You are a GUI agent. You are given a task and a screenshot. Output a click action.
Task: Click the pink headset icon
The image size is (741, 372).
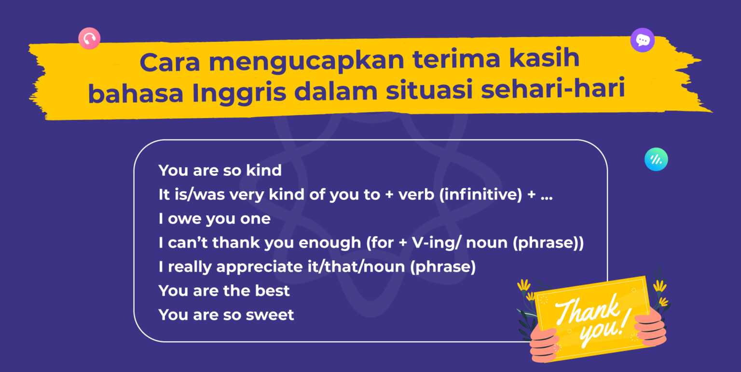click(89, 39)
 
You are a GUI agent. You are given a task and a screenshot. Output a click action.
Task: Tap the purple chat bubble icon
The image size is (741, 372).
click(642, 40)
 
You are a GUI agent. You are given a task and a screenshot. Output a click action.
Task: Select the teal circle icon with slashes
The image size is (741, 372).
click(656, 159)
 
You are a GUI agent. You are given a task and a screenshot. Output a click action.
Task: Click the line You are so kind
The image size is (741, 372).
click(220, 170)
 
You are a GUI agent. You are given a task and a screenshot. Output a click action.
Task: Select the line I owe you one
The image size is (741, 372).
click(214, 219)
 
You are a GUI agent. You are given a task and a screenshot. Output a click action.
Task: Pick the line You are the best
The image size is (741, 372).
click(224, 291)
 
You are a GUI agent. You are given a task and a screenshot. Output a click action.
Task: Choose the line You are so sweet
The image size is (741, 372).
click(226, 315)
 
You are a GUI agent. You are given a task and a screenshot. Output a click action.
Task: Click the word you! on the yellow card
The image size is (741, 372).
click(601, 331)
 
